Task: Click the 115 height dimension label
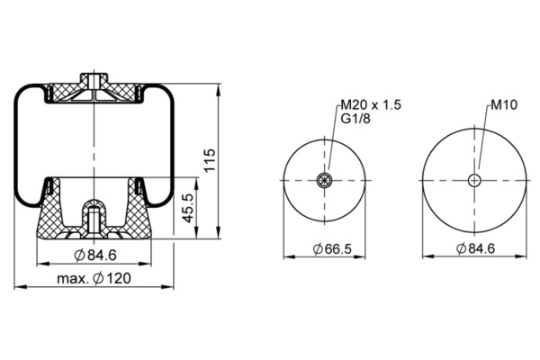pyautogui.click(x=210, y=160)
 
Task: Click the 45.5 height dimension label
pyautogui.click(x=188, y=208)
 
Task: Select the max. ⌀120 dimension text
pyautogui.click(x=94, y=278)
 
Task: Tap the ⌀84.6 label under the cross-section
pyautogui.click(x=95, y=256)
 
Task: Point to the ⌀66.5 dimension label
pyautogui.click(x=332, y=248)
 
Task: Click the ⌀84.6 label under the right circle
pyautogui.click(x=475, y=248)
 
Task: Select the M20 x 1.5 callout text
pyautogui.click(x=371, y=104)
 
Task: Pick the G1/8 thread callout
pyautogui.click(x=355, y=119)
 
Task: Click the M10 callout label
pyautogui.click(x=504, y=104)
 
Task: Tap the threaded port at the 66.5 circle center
pyautogui.click(x=324, y=180)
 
